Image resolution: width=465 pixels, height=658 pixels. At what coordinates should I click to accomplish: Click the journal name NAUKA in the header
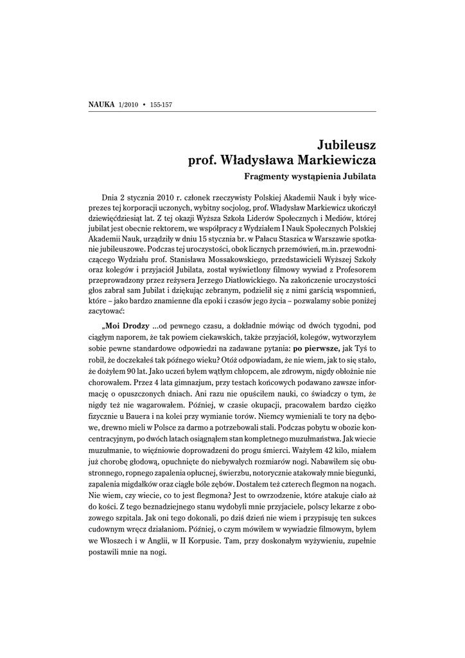[x=100, y=104]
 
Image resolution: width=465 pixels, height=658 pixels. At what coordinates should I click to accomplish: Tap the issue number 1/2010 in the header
[x=128, y=104]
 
